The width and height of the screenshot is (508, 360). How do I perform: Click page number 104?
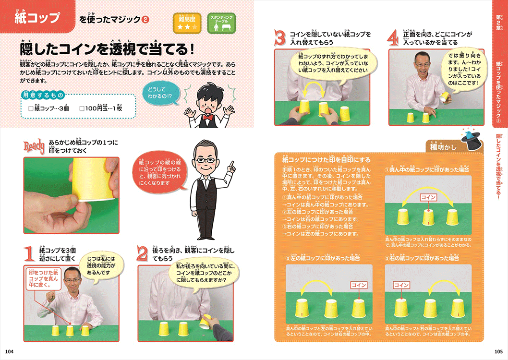coord(9,351)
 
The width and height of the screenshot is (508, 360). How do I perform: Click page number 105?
coord(498,351)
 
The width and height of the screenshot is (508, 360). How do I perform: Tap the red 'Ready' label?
coord(35,145)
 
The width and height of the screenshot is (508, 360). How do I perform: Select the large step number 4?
coord(394,38)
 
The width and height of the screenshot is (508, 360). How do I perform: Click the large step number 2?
coord(143,252)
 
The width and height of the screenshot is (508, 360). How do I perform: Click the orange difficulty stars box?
coord(188,23)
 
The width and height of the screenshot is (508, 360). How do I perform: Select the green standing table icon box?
coord(221,23)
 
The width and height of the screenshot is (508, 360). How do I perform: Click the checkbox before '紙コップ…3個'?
coord(31,108)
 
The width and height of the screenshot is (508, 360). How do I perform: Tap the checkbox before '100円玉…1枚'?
coord(82,108)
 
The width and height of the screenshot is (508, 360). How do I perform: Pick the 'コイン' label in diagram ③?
coord(401,285)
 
